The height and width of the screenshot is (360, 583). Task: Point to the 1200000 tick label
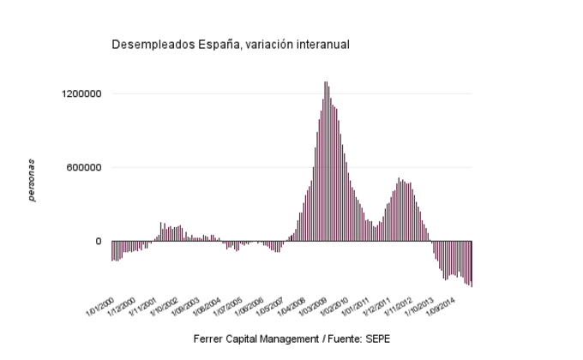coord(81,93)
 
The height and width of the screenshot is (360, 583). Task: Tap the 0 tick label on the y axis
coord(99,242)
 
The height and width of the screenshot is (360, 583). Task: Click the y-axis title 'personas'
coord(32,180)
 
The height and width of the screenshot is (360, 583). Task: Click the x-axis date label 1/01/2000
coord(100,303)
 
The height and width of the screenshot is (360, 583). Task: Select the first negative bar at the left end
coord(112,250)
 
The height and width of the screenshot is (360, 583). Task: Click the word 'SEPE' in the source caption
coord(377,339)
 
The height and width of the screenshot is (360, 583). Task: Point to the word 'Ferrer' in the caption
coord(209,339)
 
